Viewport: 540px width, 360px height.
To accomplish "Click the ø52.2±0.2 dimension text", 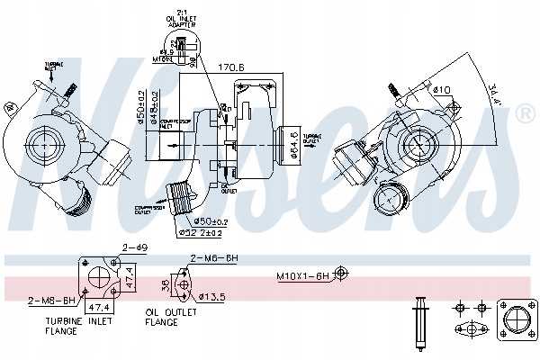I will (200, 234).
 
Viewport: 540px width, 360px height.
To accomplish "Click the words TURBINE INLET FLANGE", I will (82, 326).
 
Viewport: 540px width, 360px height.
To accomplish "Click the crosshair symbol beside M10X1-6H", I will (341, 274).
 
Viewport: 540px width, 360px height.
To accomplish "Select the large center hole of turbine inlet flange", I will (97, 279).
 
